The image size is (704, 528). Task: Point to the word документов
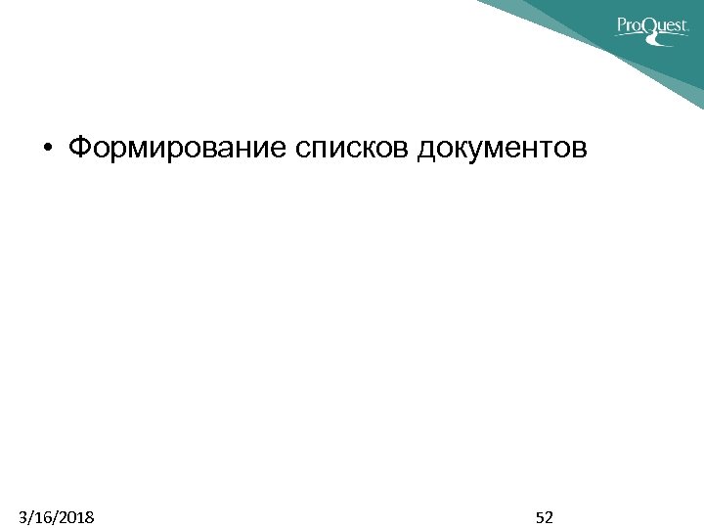503,149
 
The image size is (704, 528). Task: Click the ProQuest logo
652,25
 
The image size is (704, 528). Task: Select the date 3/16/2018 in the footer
56,516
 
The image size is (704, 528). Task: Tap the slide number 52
545,516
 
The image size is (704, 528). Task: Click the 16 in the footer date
41,516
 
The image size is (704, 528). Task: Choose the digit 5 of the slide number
540,516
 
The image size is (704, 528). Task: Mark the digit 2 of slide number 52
550,516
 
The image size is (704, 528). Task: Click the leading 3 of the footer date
23,516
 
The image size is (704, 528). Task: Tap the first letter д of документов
427,150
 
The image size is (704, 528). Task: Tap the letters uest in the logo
674,27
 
